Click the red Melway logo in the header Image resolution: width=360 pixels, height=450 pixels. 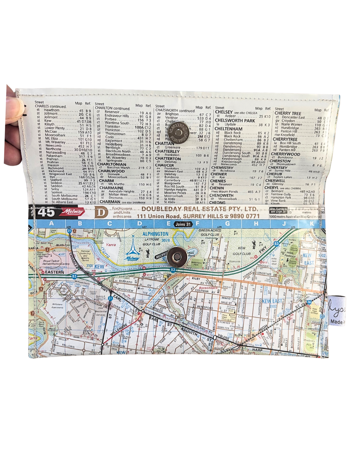[x=74, y=212]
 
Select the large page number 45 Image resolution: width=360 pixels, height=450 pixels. [x=46, y=212]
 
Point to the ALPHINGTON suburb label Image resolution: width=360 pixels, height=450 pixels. [x=155, y=234]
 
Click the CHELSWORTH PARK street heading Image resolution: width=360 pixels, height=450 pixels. [x=235, y=120]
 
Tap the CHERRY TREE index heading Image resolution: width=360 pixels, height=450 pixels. [x=288, y=113]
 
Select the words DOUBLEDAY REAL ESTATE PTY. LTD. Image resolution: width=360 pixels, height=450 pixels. [x=199, y=209]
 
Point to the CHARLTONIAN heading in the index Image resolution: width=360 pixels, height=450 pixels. [x=112, y=164]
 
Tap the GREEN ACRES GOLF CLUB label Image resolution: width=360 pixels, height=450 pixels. [x=210, y=232]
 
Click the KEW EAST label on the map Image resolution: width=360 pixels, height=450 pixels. [x=272, y=301]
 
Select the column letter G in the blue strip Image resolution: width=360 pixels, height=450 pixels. [x=227, y=224]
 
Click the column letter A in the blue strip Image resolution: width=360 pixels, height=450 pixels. [x=51, y=223]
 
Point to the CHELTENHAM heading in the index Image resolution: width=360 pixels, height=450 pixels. [x=228, y=129]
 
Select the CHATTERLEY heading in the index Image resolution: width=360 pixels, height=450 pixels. [x=167, y=151]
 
